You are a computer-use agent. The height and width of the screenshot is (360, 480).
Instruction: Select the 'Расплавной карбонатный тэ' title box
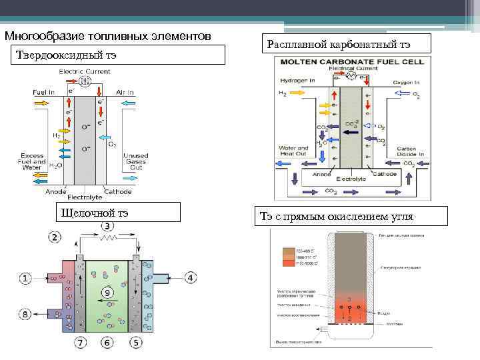coord(339,45)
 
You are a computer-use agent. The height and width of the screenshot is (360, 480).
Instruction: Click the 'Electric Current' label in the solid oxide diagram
coord(85,71)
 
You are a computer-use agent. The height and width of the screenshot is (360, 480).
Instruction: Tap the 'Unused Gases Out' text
coord(136,162)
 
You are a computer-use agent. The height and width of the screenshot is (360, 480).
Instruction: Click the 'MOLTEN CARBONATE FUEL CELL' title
coord(349,61)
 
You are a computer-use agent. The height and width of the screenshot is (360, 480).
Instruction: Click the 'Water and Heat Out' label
coord(293,151)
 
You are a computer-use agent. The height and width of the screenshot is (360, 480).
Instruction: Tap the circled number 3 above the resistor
coord(107,227)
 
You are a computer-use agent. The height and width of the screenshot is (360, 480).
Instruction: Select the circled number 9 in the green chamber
coord(107,293)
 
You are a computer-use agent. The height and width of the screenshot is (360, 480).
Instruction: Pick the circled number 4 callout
coord(190,277)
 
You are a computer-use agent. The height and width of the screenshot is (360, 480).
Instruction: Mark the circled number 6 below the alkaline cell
coord(107,343)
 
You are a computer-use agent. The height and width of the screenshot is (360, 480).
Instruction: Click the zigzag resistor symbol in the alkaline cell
coord(107,237)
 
